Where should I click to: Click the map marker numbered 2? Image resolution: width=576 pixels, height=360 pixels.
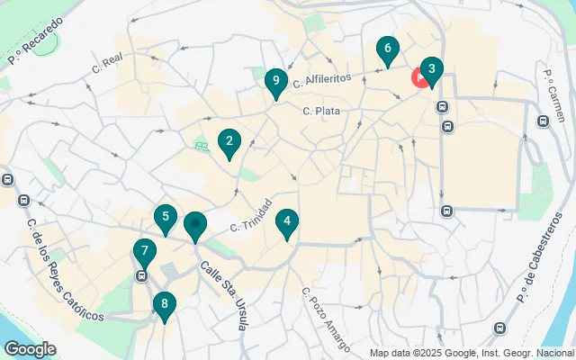pos(229,141)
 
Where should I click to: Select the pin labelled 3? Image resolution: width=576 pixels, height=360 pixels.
pos(431,69)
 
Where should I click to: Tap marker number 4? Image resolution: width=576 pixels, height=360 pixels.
pos(286,221)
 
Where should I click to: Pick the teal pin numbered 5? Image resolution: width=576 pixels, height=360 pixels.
pos(165,217)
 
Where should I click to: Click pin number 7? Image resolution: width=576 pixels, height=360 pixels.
pos(144,251)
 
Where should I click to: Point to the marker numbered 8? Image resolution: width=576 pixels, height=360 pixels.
pos(164,303)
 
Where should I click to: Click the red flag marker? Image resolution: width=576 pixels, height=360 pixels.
pos(419,77)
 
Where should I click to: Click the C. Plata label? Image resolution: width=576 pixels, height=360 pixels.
pos(320,112)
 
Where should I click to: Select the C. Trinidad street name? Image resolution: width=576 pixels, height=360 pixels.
pos(250,214)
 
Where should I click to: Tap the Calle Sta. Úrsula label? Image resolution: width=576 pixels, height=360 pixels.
pos(223,295)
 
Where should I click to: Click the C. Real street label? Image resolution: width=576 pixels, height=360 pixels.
pos(112,60)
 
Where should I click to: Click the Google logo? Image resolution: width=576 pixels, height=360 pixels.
pos(30,349)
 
